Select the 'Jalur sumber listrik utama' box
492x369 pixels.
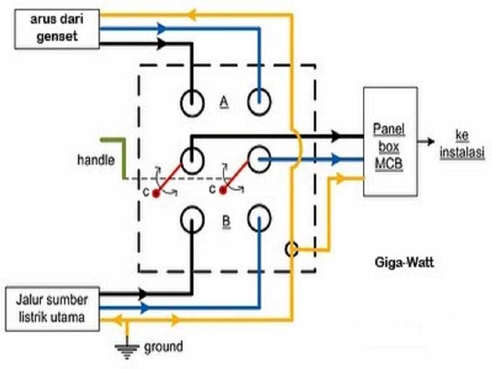pyautogui.click(x=55, y=307)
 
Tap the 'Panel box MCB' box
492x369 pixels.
pyautogui.click(x=389, y=141)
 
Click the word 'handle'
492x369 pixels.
pyautogui.click(x=96, y=158)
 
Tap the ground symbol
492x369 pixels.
pyautogui.click(x=127, y=349)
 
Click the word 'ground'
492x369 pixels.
pyautogui.click(x=164, y=347)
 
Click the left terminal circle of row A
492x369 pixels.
pyautogui.click(x=192, y=103)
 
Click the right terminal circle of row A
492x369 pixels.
pyautogui.click(x=259, y=103)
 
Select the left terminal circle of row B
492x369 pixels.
pyautogui.click(x=192, y=217)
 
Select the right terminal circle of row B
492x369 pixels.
pyautogui.click(x=259, y=217)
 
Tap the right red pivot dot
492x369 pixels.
pyautogui.click(x=224, y=191)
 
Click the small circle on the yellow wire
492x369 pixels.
pyautogui.click(x=292, y=249)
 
